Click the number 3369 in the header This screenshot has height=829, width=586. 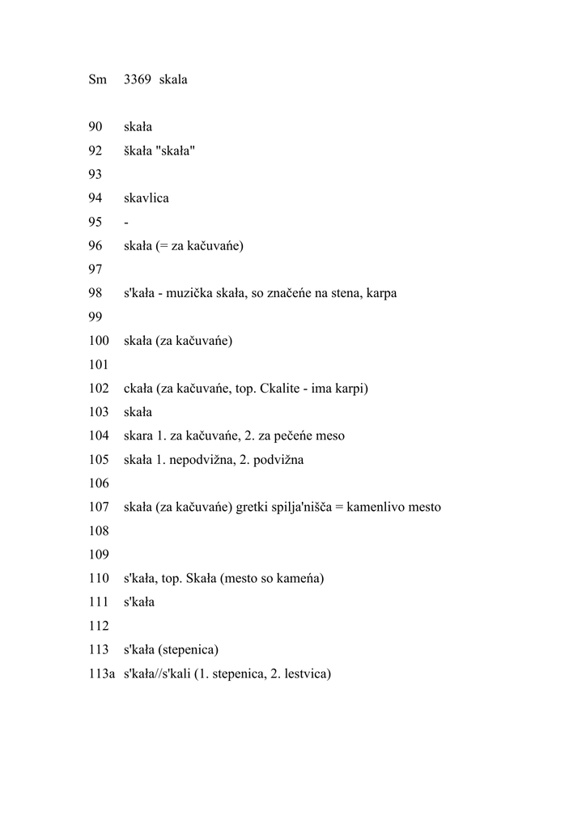point(138,80)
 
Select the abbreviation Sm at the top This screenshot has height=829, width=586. point(97,80)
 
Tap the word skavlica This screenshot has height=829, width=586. point(146,198)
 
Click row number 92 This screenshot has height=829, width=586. point(96,151)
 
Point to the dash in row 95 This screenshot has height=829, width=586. point(126,222)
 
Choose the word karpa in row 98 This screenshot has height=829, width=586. point(380,293)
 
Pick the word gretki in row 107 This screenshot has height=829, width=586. point(253,508)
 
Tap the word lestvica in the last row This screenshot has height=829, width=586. point(301,674)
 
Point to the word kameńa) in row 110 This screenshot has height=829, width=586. point(300,579)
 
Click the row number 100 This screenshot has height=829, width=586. point(99,341)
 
